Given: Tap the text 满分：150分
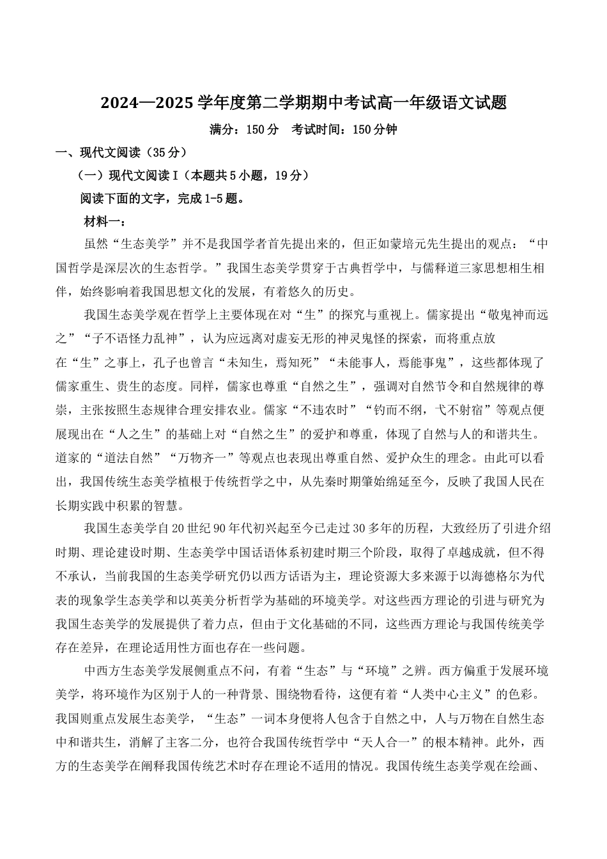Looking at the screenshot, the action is click(x=244, y=130).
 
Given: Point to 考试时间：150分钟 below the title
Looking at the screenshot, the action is click(x=344, y=130).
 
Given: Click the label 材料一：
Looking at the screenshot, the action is click(x=105, y=222).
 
